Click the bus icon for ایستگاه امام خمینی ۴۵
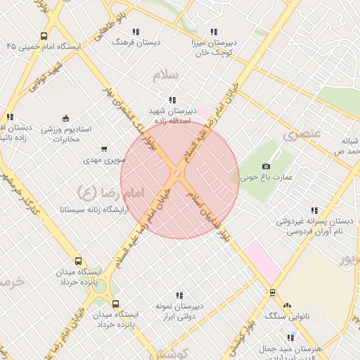click(x=44, y=37)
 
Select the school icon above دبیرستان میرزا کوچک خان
click(x=214, y=32)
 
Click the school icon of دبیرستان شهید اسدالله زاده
click(x=172, y=100)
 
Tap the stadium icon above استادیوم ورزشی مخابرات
click(x=65, y=117)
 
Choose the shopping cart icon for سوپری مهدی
click(x=104, y=148)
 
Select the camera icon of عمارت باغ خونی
click(x=266, y=166)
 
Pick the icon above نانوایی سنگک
click(x=286, y=305)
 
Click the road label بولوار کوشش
click(x=242, y=340)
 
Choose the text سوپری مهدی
click(x=104, y=160)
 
